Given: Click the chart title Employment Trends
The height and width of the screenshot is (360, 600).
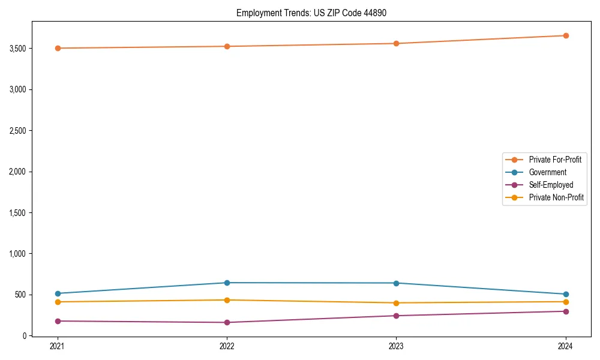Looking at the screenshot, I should pos(315,13).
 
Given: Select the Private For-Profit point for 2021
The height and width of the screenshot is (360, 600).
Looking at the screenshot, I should pos(58,48).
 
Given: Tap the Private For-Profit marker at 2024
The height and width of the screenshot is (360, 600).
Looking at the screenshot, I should pos(566,35).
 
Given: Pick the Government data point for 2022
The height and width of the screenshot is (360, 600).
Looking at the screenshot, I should pos(227,283).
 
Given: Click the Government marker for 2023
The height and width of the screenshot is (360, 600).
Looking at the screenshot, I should pos(396,283).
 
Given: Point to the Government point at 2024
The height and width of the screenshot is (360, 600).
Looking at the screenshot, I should pos(566,294).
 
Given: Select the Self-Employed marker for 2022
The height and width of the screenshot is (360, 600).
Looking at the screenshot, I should pos(227,322).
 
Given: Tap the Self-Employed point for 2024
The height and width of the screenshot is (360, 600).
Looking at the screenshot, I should pos(566,311).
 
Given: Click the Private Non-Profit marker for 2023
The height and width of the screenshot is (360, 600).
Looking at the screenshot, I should pos(396,303).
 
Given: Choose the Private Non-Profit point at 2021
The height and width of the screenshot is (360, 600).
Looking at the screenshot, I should pos(58,302).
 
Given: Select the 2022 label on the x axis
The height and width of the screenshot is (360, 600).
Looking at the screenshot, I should pos(227,346).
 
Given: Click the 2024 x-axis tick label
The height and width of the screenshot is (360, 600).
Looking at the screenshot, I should pos(566,346).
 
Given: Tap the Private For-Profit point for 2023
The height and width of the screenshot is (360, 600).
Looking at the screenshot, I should pos(396,43).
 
